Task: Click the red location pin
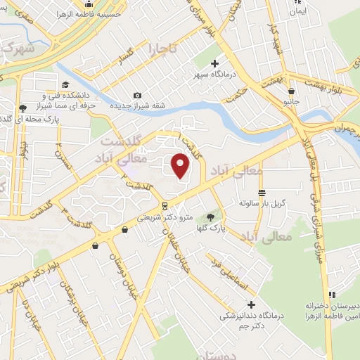point(181,165)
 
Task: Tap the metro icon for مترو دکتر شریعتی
point(165,206)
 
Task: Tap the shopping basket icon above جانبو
point(290,91)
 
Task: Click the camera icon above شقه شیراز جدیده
point(137,95)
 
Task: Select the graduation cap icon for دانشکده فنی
point(23,108)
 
